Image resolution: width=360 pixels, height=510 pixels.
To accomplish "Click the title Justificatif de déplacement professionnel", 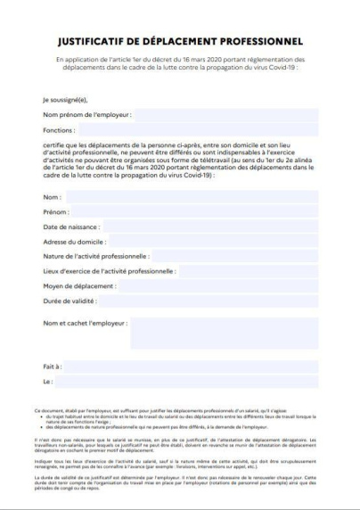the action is (x=179, y=41).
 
